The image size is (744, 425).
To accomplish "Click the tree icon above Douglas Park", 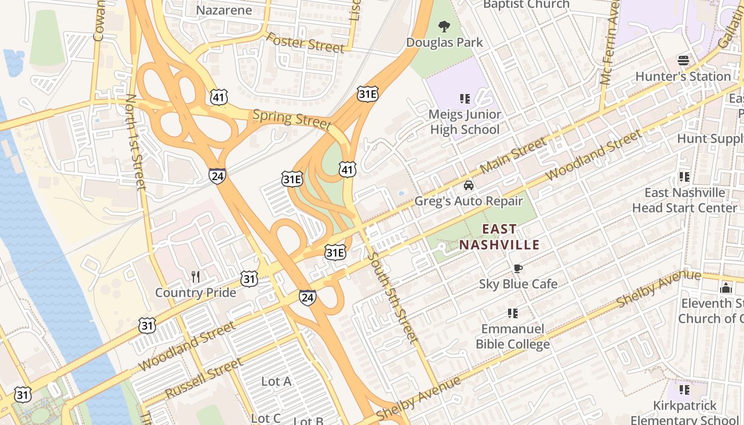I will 444,26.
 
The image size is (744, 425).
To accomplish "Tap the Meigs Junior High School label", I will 465,122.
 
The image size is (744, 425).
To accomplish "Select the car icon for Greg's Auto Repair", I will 468,185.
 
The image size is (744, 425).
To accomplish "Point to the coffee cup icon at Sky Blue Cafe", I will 518,268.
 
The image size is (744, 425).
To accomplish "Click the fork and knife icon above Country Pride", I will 196,276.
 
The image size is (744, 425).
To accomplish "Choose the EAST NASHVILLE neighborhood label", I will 499,237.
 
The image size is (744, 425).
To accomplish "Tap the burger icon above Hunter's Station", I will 683,61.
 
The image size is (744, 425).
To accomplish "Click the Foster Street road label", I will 305,42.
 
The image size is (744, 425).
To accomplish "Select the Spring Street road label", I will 292,118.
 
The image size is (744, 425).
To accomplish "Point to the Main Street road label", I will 513,155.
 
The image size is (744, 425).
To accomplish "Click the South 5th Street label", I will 392,297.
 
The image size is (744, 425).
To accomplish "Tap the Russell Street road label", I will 204,378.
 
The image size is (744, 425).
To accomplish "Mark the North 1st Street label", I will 136,142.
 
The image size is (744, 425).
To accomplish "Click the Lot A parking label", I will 276,381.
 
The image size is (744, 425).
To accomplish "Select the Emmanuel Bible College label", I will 512,336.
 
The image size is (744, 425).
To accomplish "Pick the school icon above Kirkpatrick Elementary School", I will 684,390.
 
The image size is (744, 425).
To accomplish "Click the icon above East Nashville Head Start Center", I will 684,176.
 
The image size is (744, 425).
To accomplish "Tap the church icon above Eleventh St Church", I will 725,288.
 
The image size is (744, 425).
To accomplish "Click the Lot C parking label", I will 265,418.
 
